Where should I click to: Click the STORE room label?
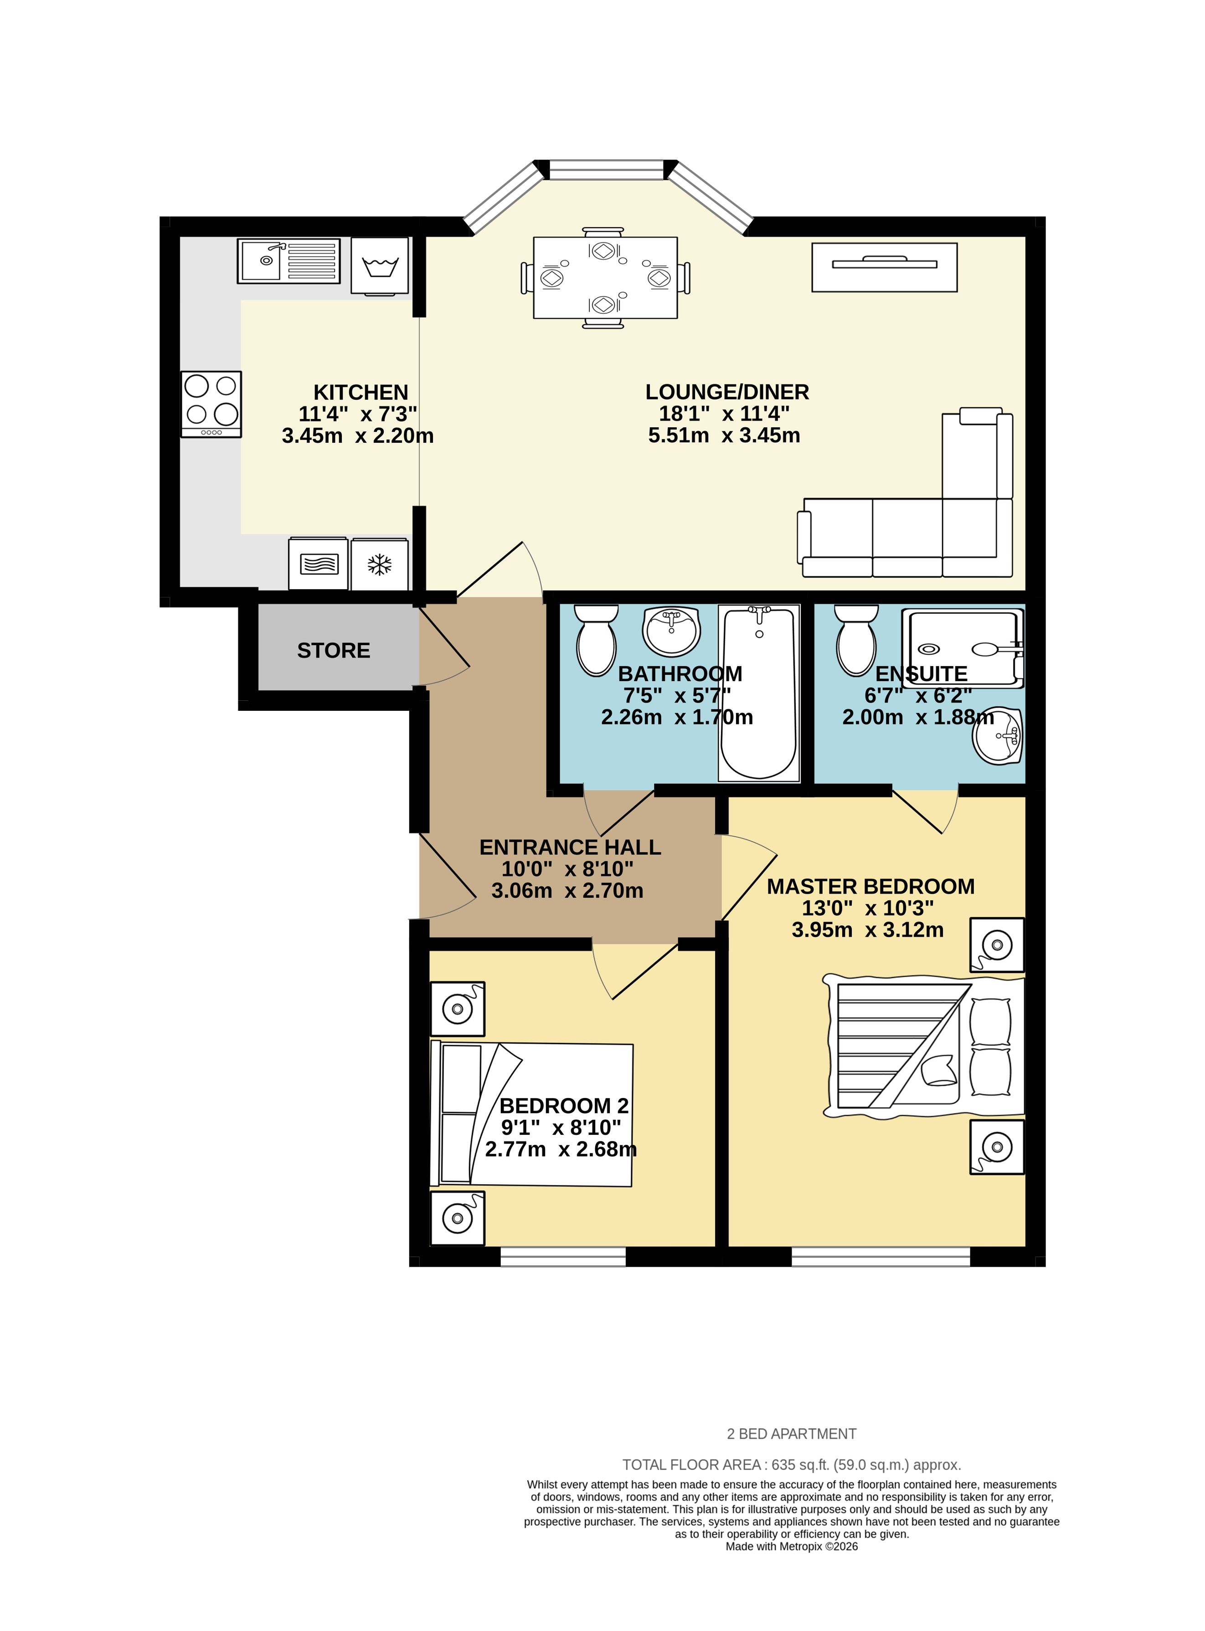[333, 650]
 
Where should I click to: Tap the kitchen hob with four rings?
[211, 404]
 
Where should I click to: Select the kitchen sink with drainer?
[288, 260]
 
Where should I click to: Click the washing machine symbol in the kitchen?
[379, 266]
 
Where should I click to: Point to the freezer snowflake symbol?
[379, 564]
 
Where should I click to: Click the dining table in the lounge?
[605, 277]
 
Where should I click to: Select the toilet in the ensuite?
[855, 640]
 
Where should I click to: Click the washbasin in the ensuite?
[998, 735]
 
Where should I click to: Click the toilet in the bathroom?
[596, 640]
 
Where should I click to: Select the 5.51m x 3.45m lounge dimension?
[724, 435]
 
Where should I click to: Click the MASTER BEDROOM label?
[870, 887]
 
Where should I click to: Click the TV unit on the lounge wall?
[884, 267]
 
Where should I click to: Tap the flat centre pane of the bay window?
[605, 170]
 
